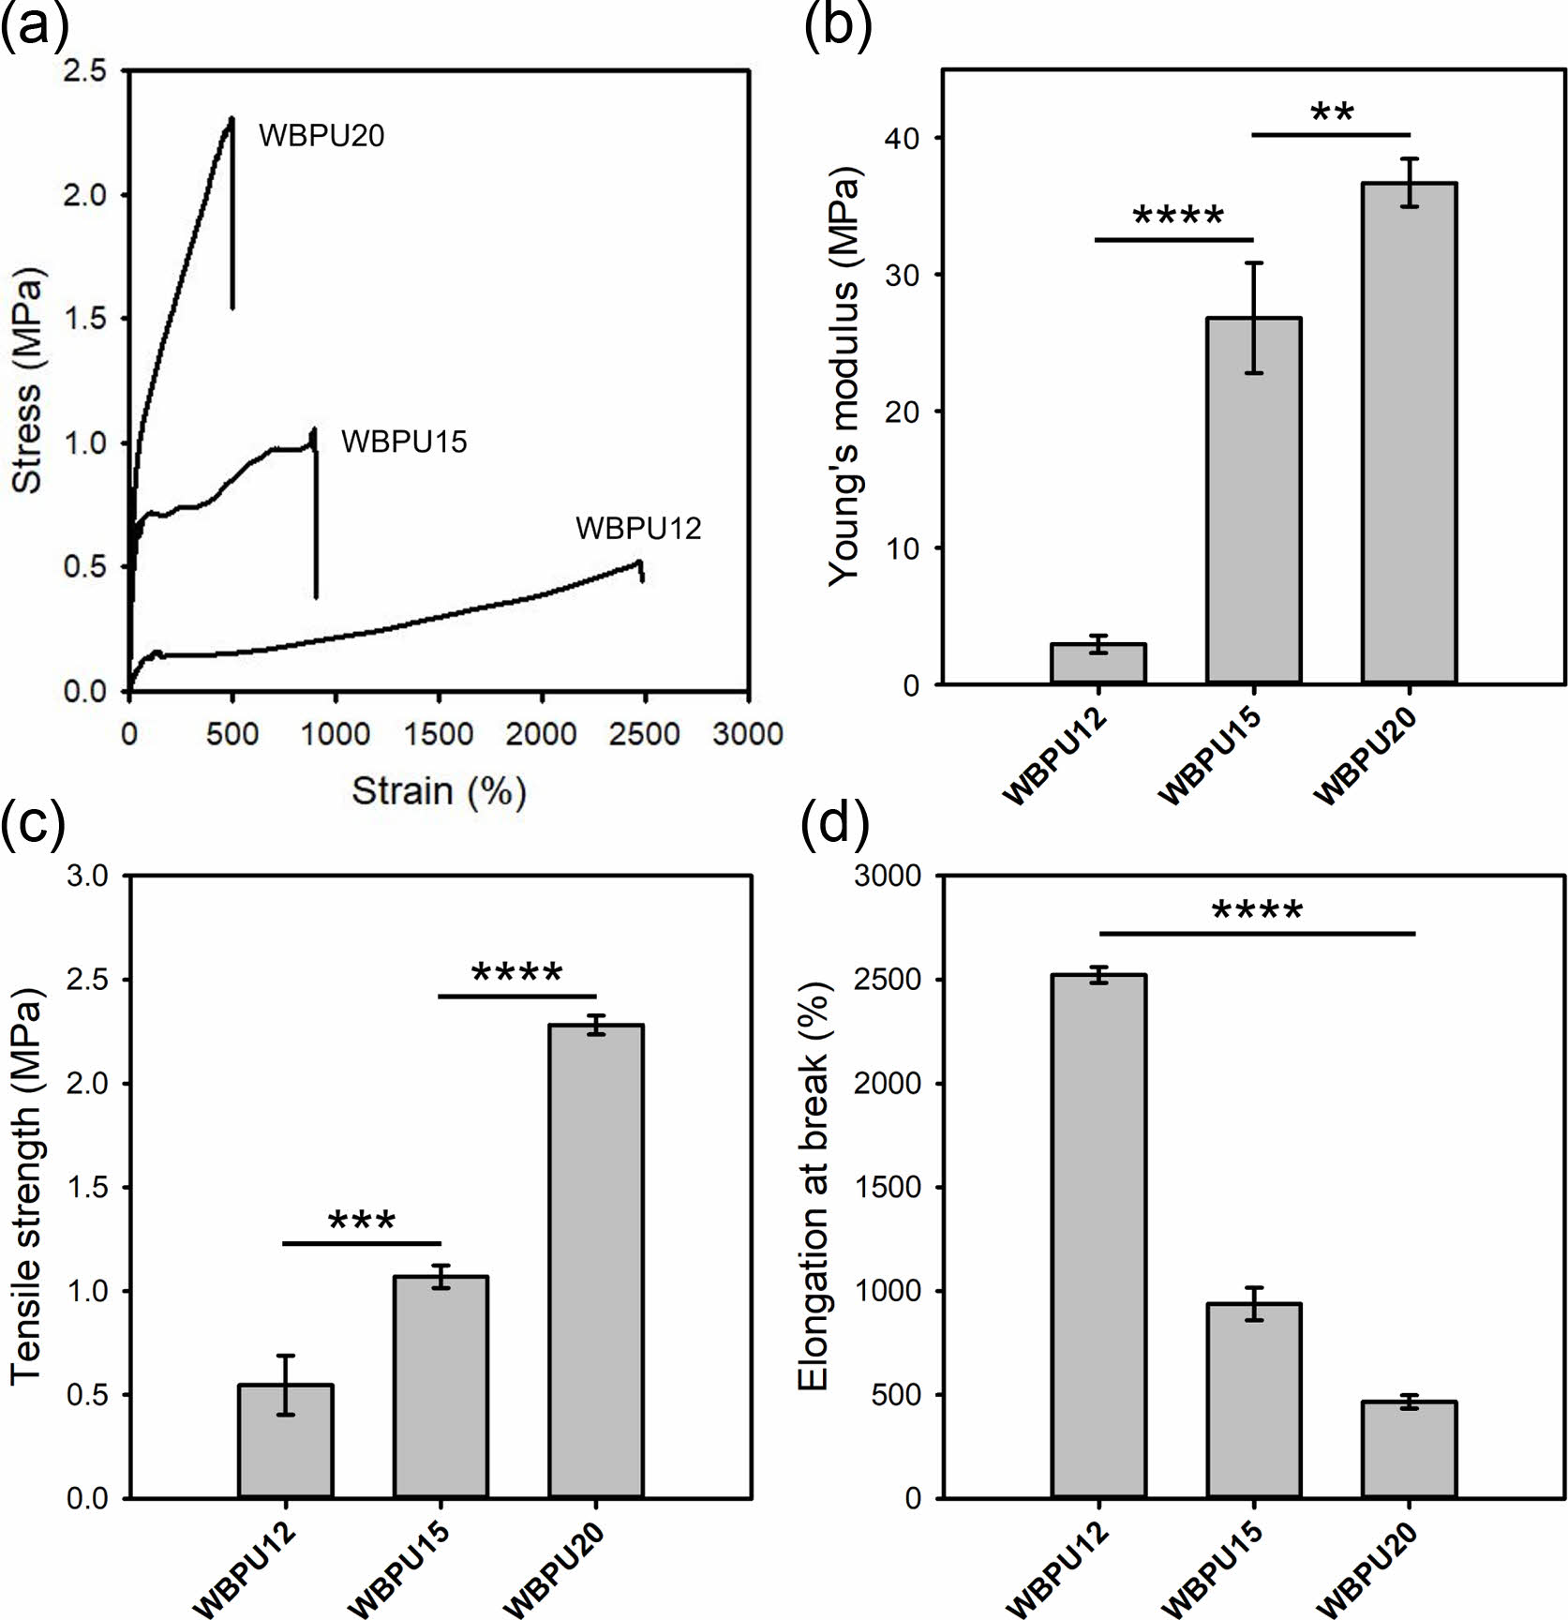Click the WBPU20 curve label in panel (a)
(321, 137)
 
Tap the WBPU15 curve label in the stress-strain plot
(404, 442)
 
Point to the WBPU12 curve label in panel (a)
(638, 529)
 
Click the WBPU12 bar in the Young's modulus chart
(1098, 663)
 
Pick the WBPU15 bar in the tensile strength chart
(441, 1387)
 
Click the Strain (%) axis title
(439, 792)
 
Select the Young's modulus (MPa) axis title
(844, 377)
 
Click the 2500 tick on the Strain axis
(644, 733)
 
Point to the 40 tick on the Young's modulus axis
(903, 138)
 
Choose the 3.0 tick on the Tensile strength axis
(88, 876)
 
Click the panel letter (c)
(35, 823)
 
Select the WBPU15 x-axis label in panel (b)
(1210, 757)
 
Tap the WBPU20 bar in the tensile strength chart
(596, 1261)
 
